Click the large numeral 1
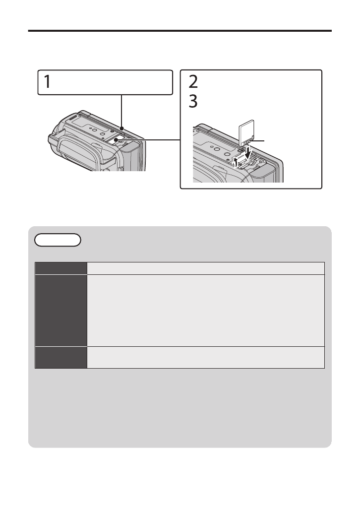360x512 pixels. [x=46, y=82]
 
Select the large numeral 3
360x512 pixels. [x=193, y=102]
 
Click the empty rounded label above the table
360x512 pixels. [x=58, y=240]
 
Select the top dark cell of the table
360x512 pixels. [x=61, y=268]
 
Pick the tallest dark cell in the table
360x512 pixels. [x=61, y=310]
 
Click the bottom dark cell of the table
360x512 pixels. [x=61, y=357]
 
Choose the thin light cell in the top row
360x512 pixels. [x=206, y=268]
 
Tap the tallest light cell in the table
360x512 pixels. [x=206, y=310]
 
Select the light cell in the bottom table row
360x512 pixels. [x=206, y=357]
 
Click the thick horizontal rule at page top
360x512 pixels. [x=180, y=31]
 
